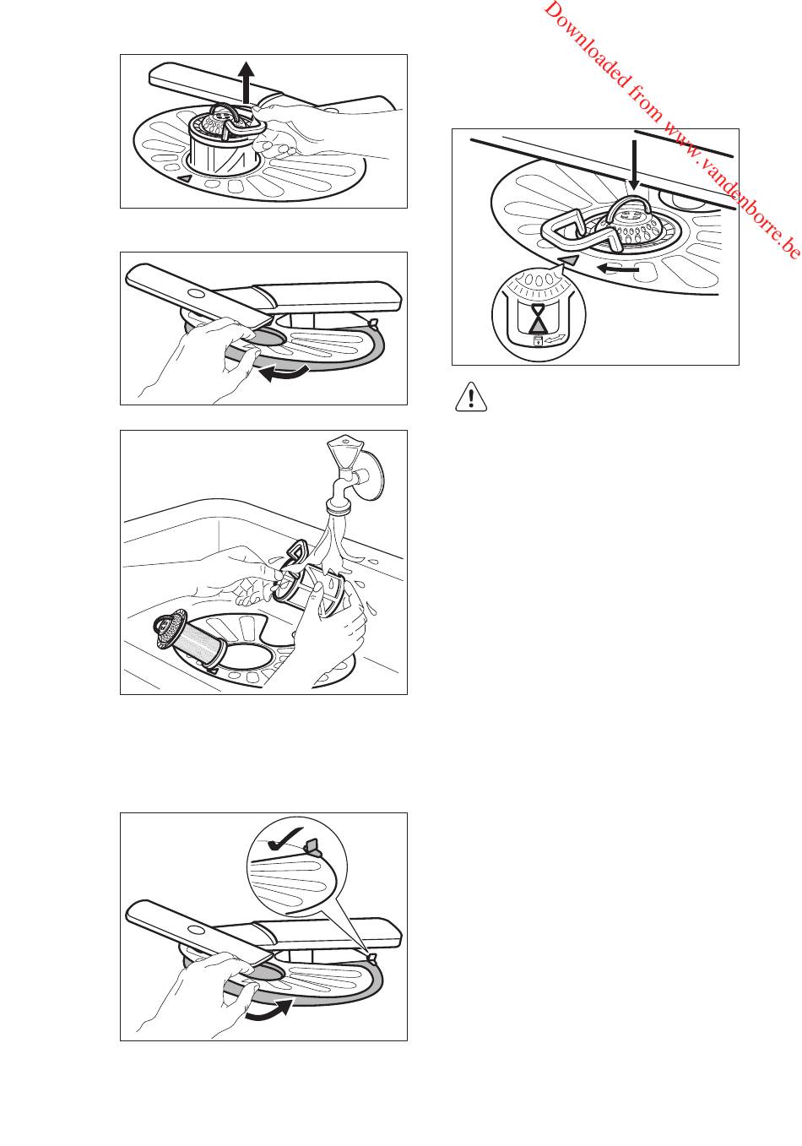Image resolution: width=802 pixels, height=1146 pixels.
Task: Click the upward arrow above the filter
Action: point(247,82)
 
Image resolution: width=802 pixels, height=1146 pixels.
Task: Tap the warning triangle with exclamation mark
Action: point(471,397)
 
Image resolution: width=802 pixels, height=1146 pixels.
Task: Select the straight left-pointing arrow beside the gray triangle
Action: point(619,268)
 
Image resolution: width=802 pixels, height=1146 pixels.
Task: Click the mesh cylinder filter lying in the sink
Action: point(190,640)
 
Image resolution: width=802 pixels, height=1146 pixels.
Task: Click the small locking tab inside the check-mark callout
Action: point(313,847)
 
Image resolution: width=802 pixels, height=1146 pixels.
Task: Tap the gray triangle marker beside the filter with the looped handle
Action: point(569,260)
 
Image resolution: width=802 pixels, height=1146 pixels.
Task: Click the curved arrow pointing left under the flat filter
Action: point(284,373)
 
